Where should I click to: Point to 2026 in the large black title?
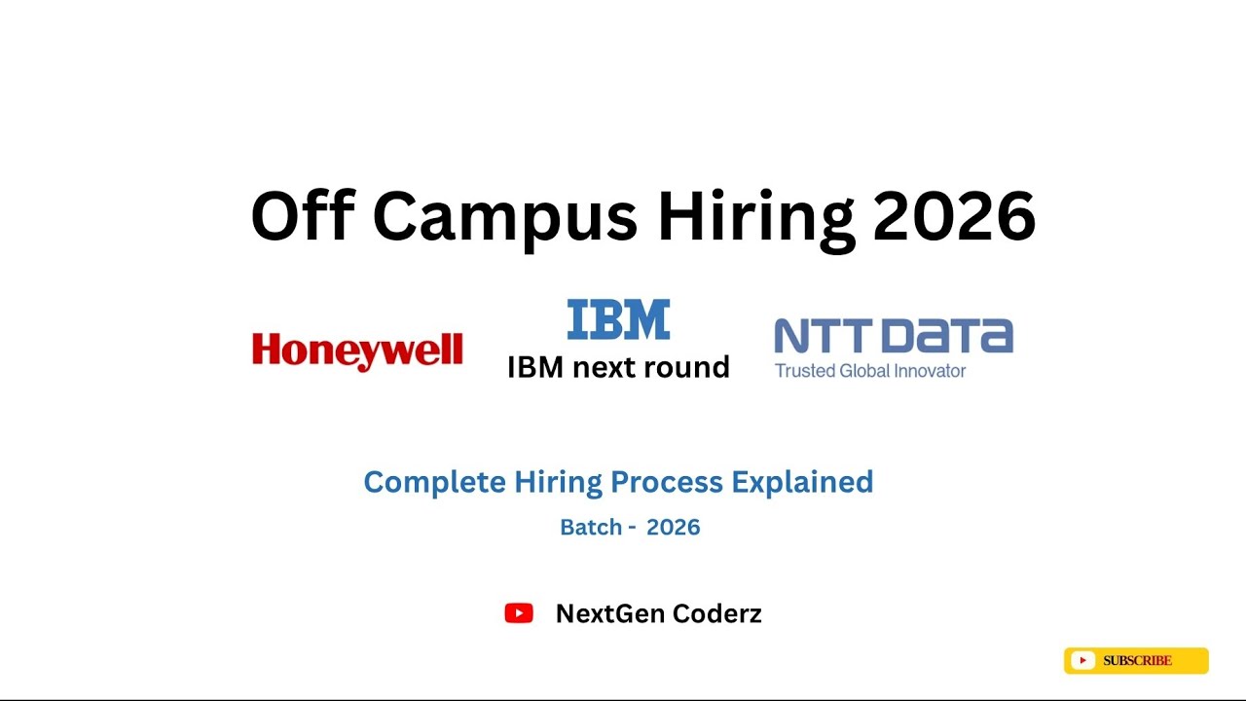pyautogui.click(x=954, y=216)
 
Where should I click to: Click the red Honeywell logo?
pyautogui.click(x=357, y=351)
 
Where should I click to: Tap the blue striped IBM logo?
pyautogui.click(x=618, y=319)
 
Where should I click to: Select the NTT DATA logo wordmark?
pyautogui.click(x=894, y=337)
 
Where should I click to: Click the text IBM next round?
pyautogui.click(x=618, y=367)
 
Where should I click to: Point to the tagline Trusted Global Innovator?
pyautogui.click(x=870, y=371)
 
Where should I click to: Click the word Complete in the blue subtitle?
pyautogui.click(x=434, y=482)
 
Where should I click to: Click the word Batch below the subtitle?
pyautogui.click(x=591, y=528)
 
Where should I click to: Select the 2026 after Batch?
pyautogui.click(x=674, y=528)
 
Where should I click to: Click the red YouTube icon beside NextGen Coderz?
pyautogui.click(x=519, y=613)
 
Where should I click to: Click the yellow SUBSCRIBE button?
pyautogui.click(x=1136, y=661)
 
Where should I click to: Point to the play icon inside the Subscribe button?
pyautogui.click(x=1082, y=661)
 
